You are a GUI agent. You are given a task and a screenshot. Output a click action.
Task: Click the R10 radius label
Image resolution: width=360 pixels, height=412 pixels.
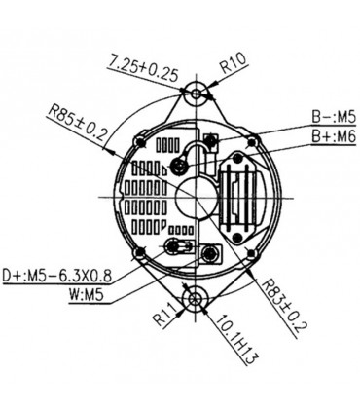234,62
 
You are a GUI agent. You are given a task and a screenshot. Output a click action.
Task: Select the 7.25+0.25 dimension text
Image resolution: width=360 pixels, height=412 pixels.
143,69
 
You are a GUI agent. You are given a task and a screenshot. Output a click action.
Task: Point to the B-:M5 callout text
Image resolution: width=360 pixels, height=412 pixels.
334,117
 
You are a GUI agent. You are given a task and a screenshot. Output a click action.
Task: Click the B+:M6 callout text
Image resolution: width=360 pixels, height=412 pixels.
334,136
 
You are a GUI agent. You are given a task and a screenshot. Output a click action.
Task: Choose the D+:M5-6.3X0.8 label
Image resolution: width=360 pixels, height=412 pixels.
57,277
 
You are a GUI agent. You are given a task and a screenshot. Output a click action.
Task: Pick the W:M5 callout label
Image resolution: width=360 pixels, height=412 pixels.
87,296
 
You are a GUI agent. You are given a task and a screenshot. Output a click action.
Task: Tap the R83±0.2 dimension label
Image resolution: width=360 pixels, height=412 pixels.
284,306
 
